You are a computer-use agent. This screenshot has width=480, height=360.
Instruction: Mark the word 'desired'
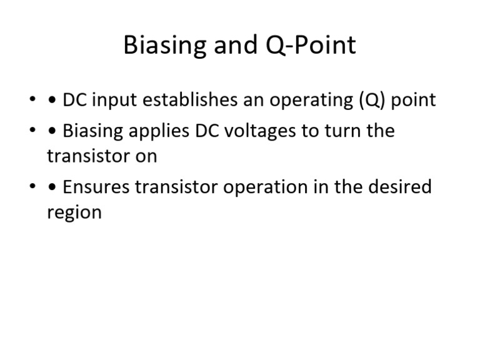coord(401,187)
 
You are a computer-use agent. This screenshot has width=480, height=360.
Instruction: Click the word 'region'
coord(74,212)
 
